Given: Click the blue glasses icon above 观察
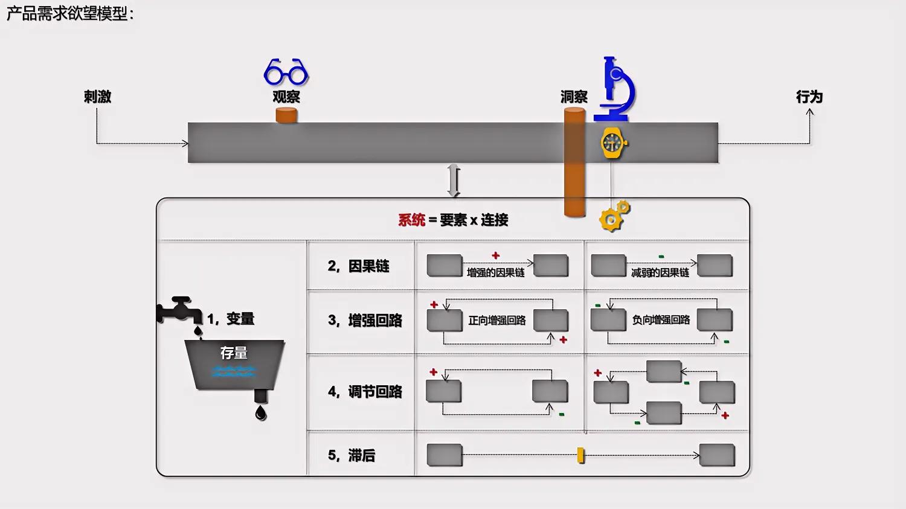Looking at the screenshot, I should (286, 72).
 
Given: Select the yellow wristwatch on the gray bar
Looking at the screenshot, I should (613, 144).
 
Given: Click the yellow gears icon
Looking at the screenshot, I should (614, 216).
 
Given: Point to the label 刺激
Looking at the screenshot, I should (97, 97).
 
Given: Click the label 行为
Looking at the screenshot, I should (809, 97).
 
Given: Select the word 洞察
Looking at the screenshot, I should (574, 97).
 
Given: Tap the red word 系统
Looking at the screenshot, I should (411, 220).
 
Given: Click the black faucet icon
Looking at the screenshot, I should (179, 310).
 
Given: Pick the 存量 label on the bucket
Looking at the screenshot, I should (234, 353).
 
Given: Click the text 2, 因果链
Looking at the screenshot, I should (358, 266).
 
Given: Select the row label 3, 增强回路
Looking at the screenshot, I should (365, 321).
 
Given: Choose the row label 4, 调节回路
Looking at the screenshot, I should (365, 392).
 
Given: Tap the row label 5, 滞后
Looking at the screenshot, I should (351, 455).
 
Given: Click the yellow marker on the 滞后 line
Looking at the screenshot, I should (580, 455).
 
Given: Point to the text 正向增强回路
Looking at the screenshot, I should (497, 320).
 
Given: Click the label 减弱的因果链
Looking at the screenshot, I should (660, 273).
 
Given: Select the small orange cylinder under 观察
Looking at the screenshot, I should (286, 115).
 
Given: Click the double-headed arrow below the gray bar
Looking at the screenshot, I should (454, 181).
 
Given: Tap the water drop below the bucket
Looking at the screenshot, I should (260, 412).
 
